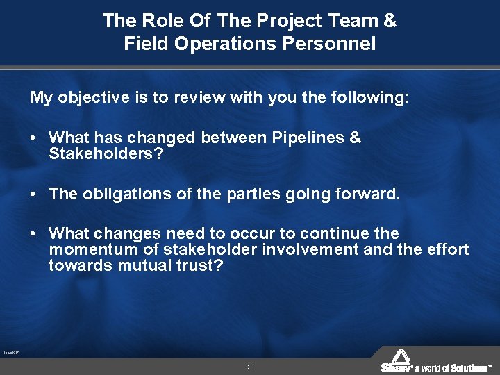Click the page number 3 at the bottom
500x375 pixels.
[249, 367]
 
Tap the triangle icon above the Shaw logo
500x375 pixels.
[401, 356]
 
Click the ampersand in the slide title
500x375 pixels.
[390, 21]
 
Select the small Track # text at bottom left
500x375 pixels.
[10, 353]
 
